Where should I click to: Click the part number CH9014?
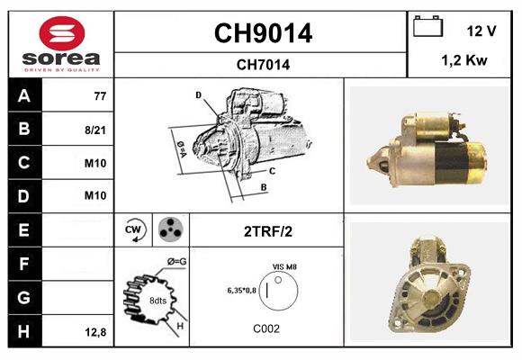point(262,33)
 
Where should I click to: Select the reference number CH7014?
point(262,64)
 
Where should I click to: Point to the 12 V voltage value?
point(481,31)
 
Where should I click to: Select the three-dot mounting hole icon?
point(169,230)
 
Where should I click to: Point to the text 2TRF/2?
point(267,231)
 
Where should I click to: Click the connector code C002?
point(267,328)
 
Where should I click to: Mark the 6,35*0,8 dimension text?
point(240,291)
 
